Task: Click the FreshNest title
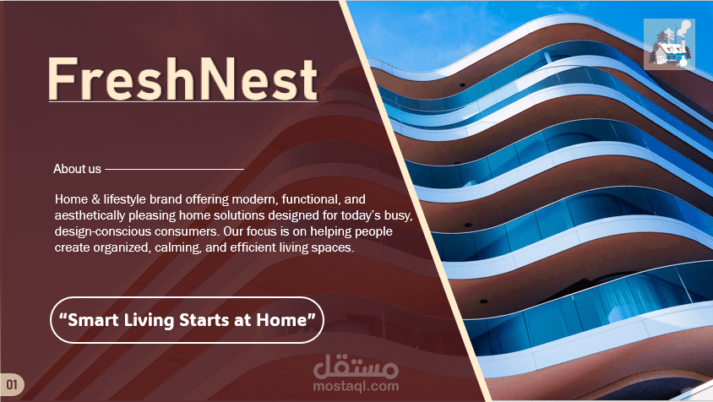[182, 79]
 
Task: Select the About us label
[77, 169]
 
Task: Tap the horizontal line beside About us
[175, 169]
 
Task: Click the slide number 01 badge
[12, 385]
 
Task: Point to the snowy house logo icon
[669, 45]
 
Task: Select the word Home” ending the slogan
[286, 320]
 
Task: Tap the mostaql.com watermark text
[356, 387]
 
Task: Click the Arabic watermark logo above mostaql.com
[356, 367]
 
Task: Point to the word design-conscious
[103, 231]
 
